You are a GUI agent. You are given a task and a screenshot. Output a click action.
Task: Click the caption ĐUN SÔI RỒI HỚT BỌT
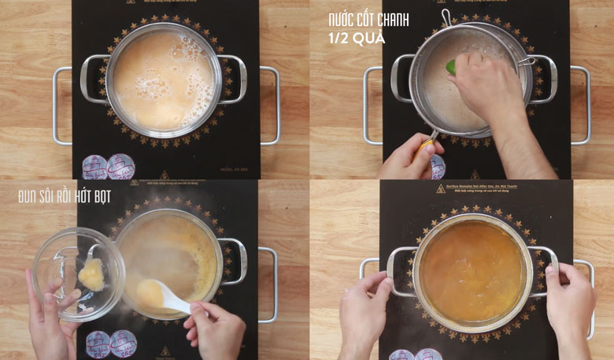(x=65, y=197)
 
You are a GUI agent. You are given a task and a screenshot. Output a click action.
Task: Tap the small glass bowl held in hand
(x=78, y=273)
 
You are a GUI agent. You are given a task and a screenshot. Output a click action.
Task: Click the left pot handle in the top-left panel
(x=93, y=80)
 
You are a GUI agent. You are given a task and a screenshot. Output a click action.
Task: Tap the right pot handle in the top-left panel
(x=232, y=80)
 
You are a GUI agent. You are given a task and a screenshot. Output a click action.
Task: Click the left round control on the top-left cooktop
(x=94, y=167)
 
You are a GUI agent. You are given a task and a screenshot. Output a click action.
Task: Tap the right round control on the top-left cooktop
(x=120, y=166)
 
